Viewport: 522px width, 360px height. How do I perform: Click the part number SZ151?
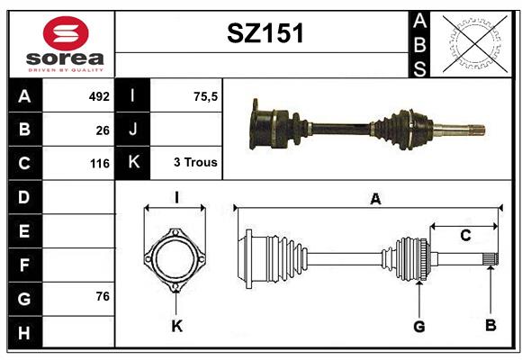(265, 33)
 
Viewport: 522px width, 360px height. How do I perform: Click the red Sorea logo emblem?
(66, 33)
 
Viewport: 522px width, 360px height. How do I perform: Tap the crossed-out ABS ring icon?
(475, 43)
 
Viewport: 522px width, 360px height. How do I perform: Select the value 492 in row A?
(99, 96)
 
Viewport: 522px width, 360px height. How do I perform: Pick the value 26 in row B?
(103, 130)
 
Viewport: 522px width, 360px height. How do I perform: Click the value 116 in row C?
(100, 164)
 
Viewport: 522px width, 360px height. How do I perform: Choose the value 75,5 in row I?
(205, 96)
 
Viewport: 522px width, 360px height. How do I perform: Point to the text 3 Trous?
(195, 162)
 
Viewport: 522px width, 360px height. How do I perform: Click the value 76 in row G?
(103, 296)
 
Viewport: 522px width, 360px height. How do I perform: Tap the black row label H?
(24, 332)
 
